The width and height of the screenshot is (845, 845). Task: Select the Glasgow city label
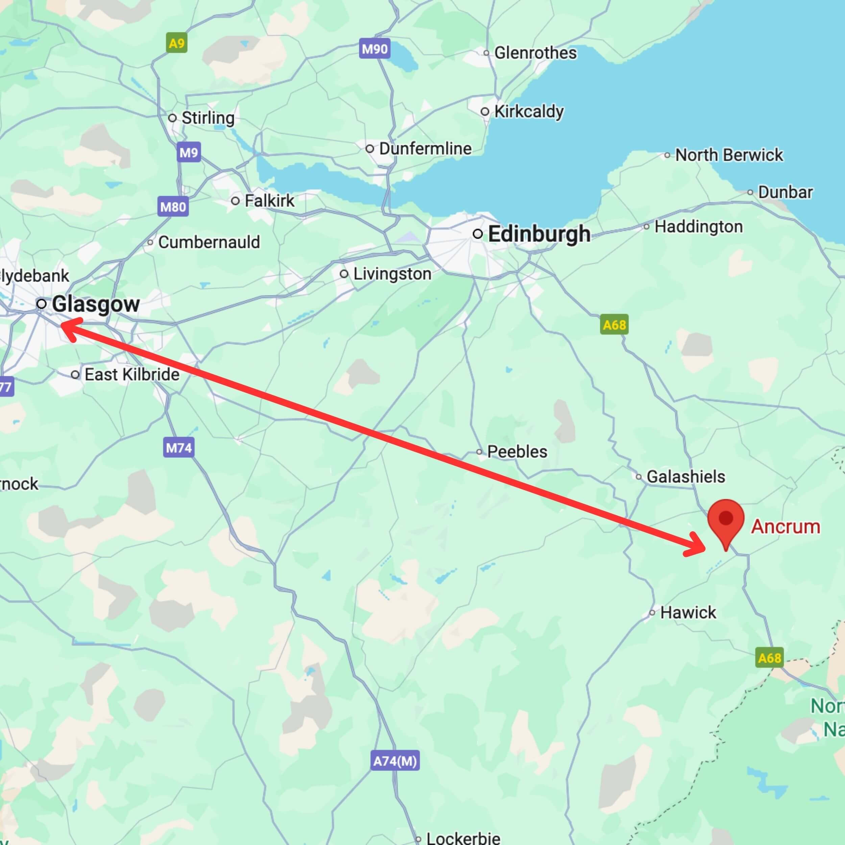click(96, 304)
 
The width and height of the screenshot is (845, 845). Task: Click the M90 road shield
click(375, 49)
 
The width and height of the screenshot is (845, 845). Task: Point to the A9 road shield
click(177, 43)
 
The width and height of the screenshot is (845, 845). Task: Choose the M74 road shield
click(178, 448)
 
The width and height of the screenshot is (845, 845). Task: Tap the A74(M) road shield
click(395, 761)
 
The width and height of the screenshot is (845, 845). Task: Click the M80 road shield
click(173, 207)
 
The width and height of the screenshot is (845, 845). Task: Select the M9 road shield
click(189, 152)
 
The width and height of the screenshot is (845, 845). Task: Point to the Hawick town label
click(688, 613)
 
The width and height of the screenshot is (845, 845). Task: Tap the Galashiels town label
click(685, 477)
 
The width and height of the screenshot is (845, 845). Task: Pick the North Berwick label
click(729, 155)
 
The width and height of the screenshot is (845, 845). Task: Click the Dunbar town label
click(785, 192)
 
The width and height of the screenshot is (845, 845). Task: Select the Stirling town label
click(208, 118)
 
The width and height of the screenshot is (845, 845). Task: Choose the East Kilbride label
click(131, 375)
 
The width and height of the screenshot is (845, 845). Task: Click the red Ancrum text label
click(786, 527)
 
